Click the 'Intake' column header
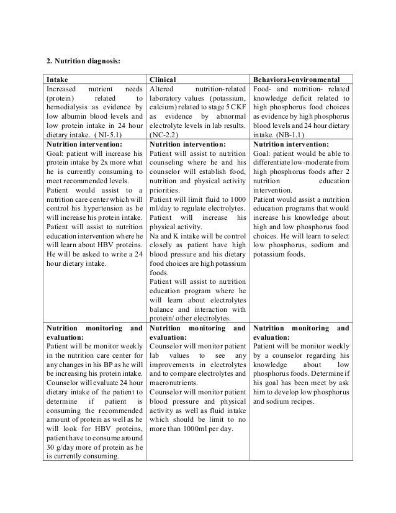(x=56, y=79)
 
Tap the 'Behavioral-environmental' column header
(x=297, y=79)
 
